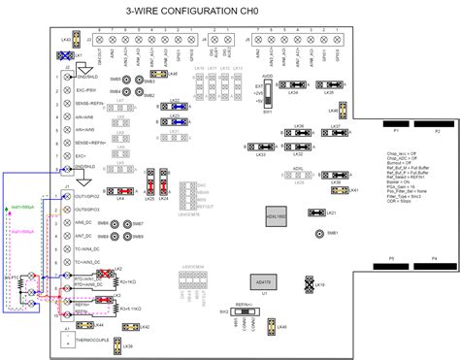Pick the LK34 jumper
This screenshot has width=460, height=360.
click(293, 84)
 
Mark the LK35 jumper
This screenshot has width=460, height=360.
click(329, 84)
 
